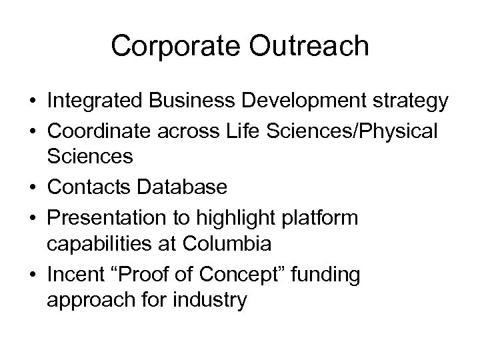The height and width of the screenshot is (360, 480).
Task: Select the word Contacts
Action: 89,188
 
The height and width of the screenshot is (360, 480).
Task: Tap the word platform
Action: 324,217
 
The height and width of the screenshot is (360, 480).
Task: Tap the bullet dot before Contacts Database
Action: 31,189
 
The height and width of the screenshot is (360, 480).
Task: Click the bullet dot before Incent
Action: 31,274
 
